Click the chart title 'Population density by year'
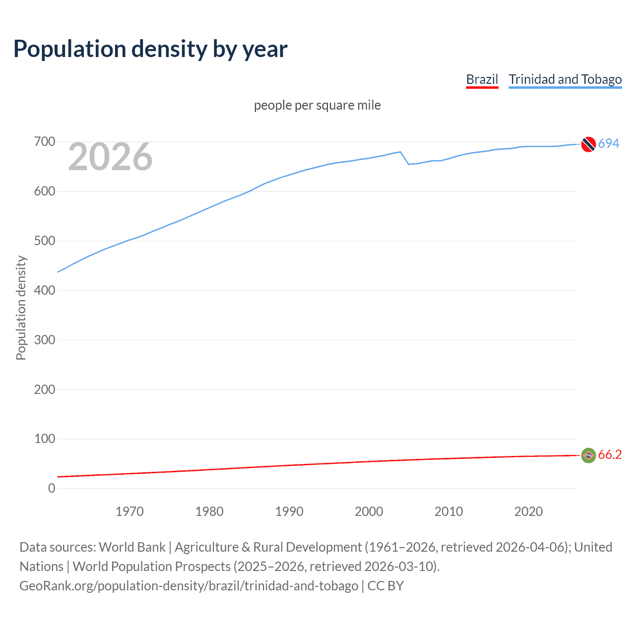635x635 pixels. [x=150, y=49]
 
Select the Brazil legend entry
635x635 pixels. [x=482, y=79]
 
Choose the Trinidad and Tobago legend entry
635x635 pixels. [x=565, y=79]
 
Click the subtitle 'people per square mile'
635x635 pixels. [x=317, y=105]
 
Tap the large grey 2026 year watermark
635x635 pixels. [x=110, y=157]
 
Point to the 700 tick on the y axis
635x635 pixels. [x=45, y=142]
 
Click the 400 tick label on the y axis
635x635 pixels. [x=45, y=290]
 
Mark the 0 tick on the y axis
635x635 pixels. [x=52, y=488]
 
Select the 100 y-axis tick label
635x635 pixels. [x=45, y=439]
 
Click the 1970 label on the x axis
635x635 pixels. [x=129, y=511]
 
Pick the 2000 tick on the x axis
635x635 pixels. [x=369, y=511]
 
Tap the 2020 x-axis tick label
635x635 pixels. [x=528, y=511]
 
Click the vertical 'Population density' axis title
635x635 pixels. [x=21, y=308]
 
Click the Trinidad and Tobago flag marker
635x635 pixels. [x=588, y=144]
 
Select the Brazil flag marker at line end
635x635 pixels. [x=588, y=455]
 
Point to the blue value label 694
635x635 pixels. [x=609, y=143]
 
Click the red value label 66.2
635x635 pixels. [x=610, y=454]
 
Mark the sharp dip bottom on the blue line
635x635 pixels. [x=409, y=164]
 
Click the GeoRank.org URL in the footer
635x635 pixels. [x=189, y=586]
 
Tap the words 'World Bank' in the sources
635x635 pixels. [x=132, y=547]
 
